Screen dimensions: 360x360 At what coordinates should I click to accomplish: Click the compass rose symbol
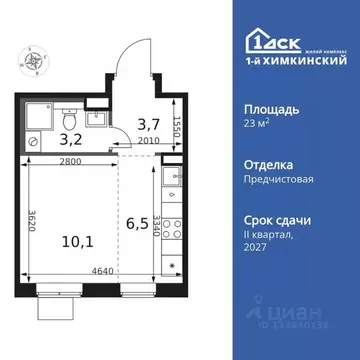point(36,61)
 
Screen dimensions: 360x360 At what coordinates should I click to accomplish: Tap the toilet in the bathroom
point(67,113)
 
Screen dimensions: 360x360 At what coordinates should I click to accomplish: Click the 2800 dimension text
point(71,161)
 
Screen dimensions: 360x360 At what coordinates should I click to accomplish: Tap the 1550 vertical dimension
point(176,127)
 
